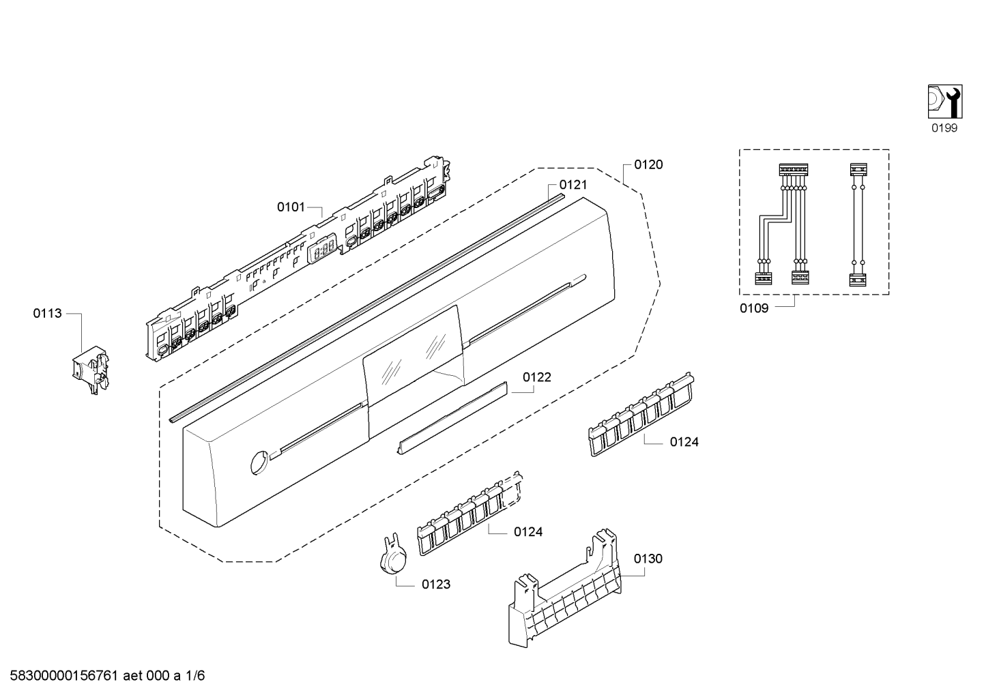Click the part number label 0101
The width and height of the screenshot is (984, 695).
[291, 207]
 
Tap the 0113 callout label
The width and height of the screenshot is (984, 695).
[47, 314]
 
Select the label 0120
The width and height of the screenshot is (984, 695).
[648, 164]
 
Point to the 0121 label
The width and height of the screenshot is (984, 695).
[573, 185]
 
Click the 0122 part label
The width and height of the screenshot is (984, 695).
[537, 377]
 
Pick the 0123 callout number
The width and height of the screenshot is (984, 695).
[436, 585]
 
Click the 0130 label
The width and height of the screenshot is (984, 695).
[648, 559]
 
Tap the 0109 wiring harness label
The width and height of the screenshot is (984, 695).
[754, 308]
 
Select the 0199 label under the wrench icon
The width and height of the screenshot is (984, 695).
[944, 128]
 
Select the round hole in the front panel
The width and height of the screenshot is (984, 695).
[258, 462]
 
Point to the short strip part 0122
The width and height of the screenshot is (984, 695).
[452, 417]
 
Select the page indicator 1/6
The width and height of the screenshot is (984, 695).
[196, 676]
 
